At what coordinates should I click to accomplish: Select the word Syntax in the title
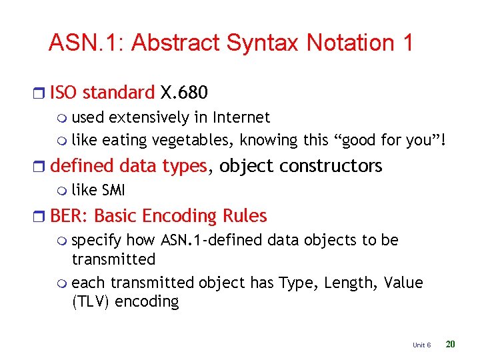pos(263,43)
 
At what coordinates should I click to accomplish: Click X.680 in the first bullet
pos(184,92)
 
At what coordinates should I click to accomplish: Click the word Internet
pos(241,118)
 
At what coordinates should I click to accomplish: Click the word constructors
pos(334,165)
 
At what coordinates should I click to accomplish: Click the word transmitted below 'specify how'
pos(113,259)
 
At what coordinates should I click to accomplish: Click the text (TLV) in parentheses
pos(91,302)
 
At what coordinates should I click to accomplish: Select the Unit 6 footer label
pos(421,345)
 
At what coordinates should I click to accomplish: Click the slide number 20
pos(450,344)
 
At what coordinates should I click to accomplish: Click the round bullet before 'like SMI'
pos(63,191)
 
